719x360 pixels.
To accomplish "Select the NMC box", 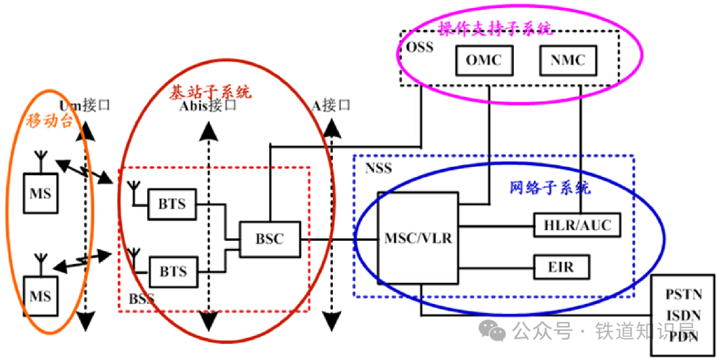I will (568, 61).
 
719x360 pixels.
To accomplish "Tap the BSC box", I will (270, 239).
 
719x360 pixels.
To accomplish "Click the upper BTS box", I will (172, 204).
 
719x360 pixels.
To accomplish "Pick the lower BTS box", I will (172, 271).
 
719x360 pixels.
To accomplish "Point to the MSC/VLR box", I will (418, 238).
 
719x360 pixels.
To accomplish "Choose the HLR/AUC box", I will (581, 226).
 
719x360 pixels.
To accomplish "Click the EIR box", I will (553, 268).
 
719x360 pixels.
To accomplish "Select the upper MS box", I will (40, 194).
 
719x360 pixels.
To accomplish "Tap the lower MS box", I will (40, 295).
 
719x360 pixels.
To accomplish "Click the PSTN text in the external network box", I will (684, 293).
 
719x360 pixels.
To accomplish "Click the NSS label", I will (378, 169).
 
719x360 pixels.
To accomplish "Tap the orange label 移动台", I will (49, 120).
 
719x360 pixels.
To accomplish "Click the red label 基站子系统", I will (208, 91).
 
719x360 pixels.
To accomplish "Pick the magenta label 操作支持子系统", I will (495, 29).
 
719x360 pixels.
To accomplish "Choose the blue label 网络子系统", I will (550, 188).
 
